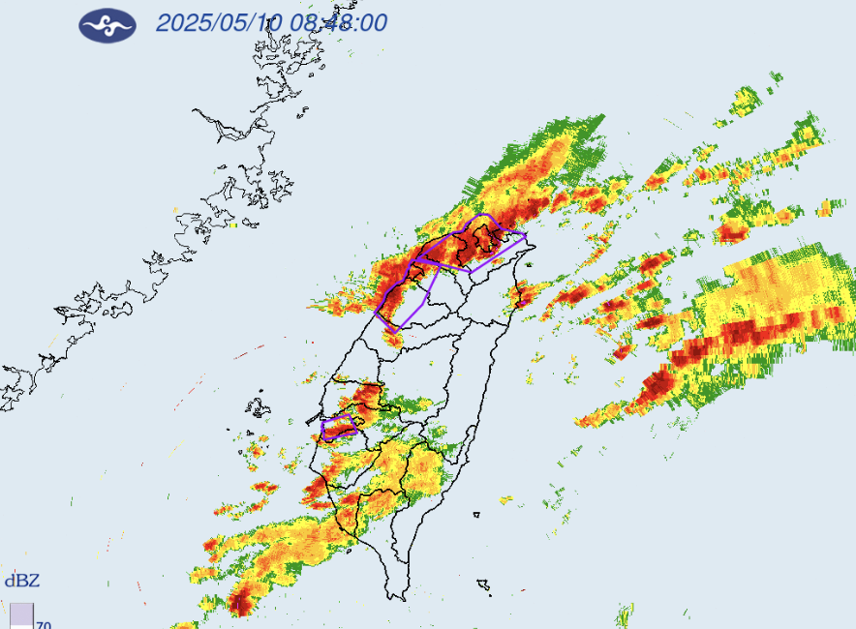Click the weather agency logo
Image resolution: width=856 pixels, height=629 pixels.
pos(107,25)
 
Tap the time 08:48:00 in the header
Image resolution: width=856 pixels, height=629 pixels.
pos(339,23)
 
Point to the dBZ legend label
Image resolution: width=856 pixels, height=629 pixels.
pos(22,581)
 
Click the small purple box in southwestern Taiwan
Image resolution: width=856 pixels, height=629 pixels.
pos(339,427)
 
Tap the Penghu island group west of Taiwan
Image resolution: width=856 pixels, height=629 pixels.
pos(258,408)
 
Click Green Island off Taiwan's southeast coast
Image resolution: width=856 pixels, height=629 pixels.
pos(476,515)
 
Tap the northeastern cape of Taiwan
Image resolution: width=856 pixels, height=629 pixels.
pos(530,247)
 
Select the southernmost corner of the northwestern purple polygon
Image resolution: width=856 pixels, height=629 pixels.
pos(395,332)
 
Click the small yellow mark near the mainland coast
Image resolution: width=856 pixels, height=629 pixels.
pos(233,226)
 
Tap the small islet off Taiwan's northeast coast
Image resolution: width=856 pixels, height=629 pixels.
pos(529,264)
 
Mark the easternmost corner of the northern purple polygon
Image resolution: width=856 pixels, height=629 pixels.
pos(525,235)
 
